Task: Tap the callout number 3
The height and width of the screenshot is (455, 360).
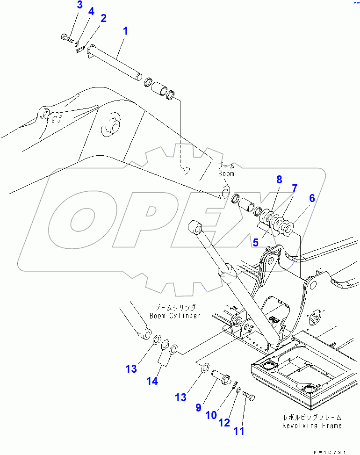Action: [x=79, y=5]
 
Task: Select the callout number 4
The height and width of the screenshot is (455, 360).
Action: [x=91, y=11]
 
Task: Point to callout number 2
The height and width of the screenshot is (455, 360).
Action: [x=103, y=18]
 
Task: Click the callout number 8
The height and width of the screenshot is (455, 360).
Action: [x=279, y=179]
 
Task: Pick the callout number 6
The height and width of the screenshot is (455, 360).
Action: [x=311, y=198]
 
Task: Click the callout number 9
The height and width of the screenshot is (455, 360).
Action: [x=198, y=408]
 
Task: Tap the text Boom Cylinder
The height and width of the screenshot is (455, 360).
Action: [x=175, y=316]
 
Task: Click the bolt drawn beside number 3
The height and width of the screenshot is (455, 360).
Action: [x=67, y=38]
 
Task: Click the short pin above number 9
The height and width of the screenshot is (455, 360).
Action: [x=221, y=376]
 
